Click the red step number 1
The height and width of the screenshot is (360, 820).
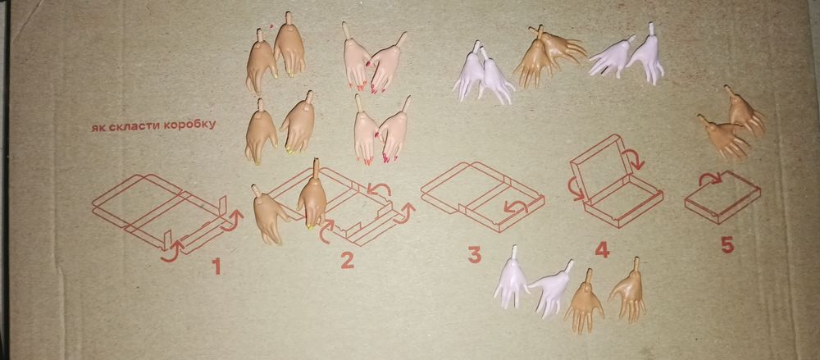point(216,267)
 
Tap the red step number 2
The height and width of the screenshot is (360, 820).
point(348,260)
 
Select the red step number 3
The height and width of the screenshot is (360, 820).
point(474,255)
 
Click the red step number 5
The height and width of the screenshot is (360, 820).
point(727,245)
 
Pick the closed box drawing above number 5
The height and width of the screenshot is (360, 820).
point(722,198)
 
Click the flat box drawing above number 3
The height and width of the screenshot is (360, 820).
point(482,196)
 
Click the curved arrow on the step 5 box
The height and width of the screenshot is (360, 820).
point(711,178)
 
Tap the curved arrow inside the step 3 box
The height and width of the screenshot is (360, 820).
point(516,207)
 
